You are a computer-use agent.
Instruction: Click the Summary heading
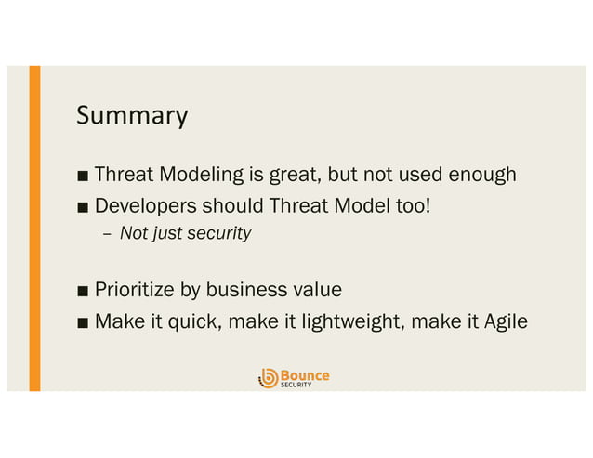132,116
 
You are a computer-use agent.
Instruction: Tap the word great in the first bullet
290,175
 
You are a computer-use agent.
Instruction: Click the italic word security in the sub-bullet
219,233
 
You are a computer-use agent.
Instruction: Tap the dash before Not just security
106,234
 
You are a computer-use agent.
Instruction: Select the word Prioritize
135,290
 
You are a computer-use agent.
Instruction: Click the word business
244,290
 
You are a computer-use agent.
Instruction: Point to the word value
316,290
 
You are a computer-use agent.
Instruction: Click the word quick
189,321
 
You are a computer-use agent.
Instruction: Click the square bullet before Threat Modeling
84,176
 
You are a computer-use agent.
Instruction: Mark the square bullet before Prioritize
84,291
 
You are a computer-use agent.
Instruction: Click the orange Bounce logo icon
268,377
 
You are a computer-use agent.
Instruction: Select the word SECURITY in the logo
296,385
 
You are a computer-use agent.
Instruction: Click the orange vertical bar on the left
34,228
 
